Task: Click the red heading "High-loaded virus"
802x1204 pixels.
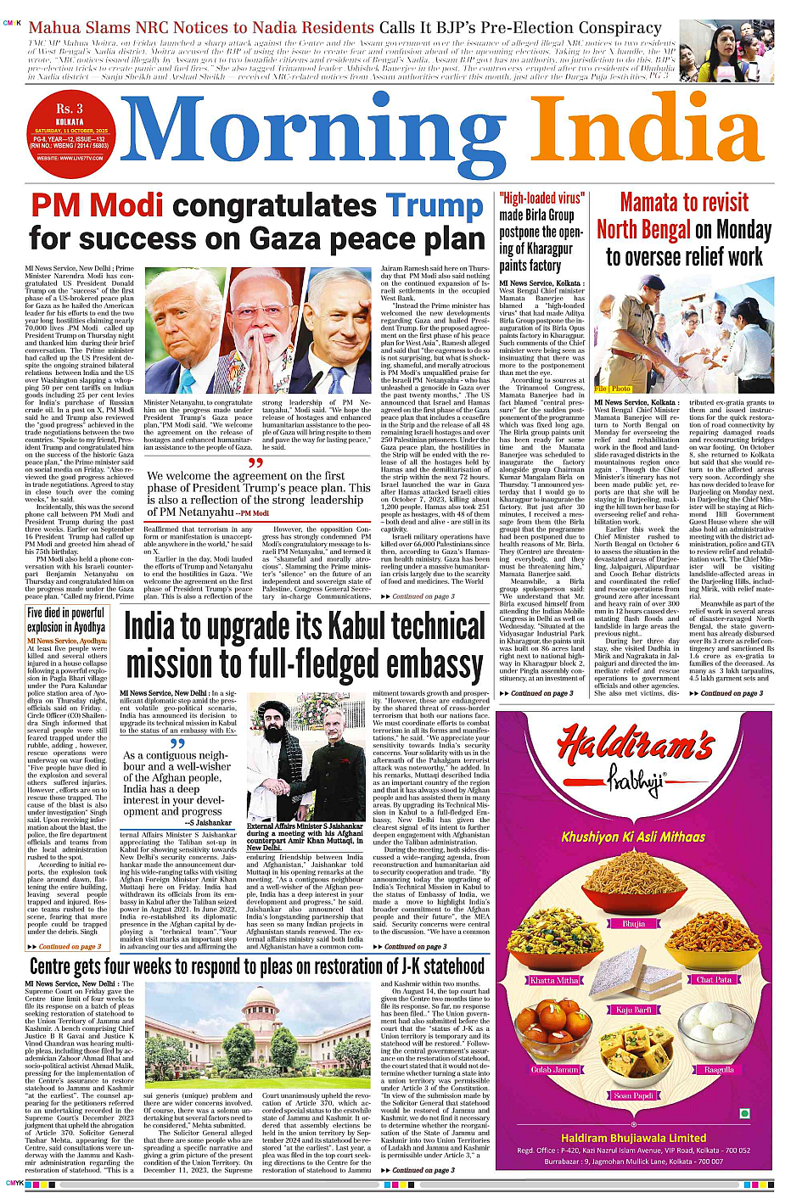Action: click(541, 199)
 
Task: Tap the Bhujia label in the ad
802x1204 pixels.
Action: click(633, 923)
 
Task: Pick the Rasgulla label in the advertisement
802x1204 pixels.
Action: click(719, 1070)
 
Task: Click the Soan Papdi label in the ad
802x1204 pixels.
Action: click(633, 1095)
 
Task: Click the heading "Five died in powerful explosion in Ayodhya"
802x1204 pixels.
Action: click(66, 620)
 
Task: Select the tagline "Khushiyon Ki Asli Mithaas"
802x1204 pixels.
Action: click(633, 837)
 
